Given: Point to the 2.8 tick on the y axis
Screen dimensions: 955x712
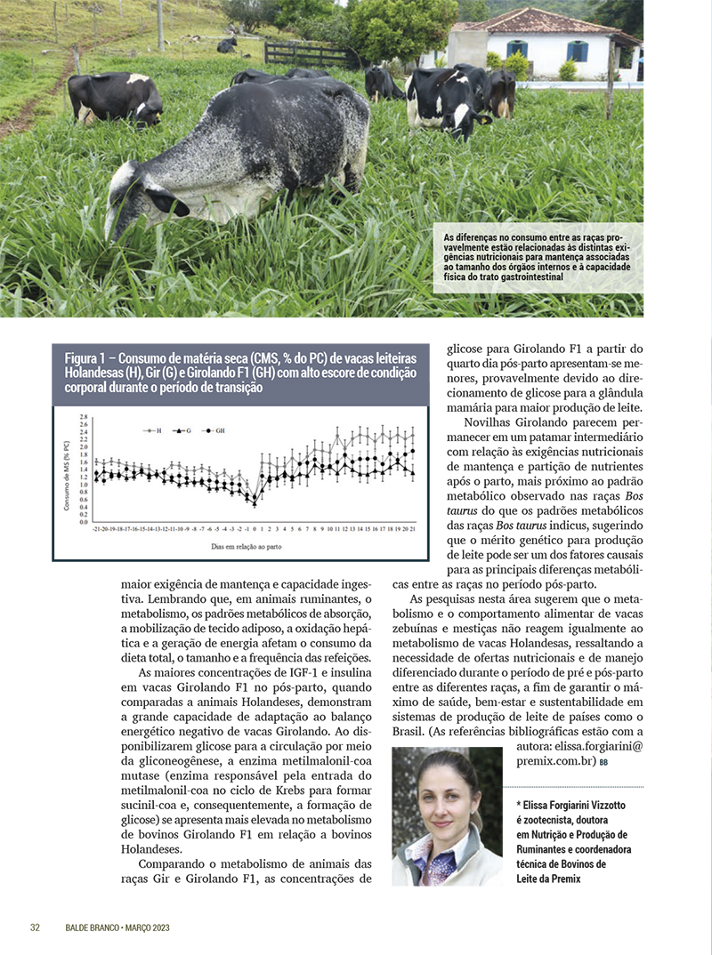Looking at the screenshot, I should pos(84,417).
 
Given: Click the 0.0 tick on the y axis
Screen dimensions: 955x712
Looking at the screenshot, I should pos(84,522).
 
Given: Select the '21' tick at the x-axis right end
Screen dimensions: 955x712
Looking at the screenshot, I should pos(413,527).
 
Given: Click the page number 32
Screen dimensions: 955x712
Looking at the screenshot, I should pos(36,927).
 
